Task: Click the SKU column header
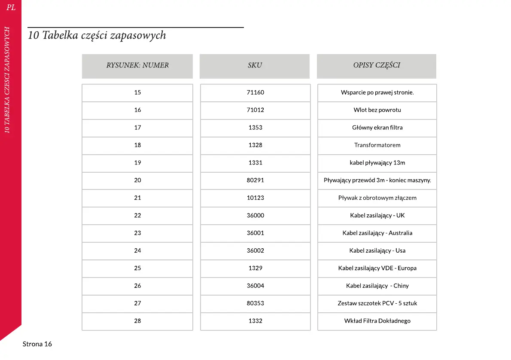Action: (255, 66)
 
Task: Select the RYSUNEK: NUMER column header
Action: (137, 66)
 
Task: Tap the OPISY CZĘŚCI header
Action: (377, 66)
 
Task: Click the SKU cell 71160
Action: (255, 92)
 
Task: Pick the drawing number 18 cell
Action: (137, 145)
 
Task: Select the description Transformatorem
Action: (377, 145)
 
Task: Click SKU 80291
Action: (255, 180)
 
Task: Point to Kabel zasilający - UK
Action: (377, 216)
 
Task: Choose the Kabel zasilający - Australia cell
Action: (377, 233)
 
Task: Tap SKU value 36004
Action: (255, 286)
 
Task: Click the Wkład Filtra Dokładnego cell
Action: (377, 321)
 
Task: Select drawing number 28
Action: (137, 321)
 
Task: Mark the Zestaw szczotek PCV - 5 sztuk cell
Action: (377, 303)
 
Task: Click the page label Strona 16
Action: (37, 344)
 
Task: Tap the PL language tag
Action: (11, 8)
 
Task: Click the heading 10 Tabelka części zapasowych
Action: (97, 36)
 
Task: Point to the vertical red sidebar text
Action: (7, 80)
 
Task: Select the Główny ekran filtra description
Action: (377, 128)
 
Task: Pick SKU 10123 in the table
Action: (255, 198)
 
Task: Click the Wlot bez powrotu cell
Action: (377, 110)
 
